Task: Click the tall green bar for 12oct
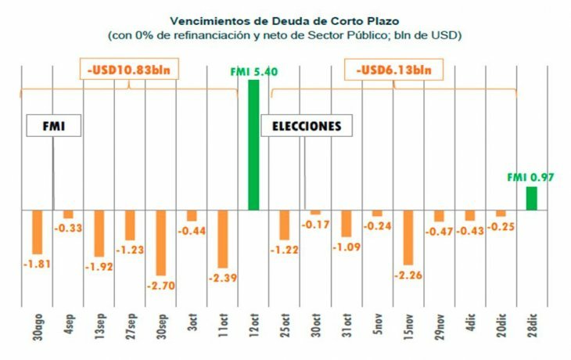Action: click(x=253, y=145)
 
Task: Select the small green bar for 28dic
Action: click(x=531, y=199)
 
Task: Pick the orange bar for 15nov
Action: click(x=408, y=238)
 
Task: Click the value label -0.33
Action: click(x=68, y=228)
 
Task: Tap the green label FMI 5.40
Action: click(x=254, y=72)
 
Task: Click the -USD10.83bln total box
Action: click(x=130, y=70)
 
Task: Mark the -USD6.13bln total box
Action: click(x=393, y=70)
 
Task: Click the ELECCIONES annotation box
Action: click(x=306, y=126)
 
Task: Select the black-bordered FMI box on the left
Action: click(x=54, y=126)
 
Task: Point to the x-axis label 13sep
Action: click(x=99, y=322)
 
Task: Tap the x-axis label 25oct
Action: click(x=285, y=322)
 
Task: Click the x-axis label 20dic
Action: click(x=501, y=322)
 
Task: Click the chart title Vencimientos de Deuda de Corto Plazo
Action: click(x=285, y=22)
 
